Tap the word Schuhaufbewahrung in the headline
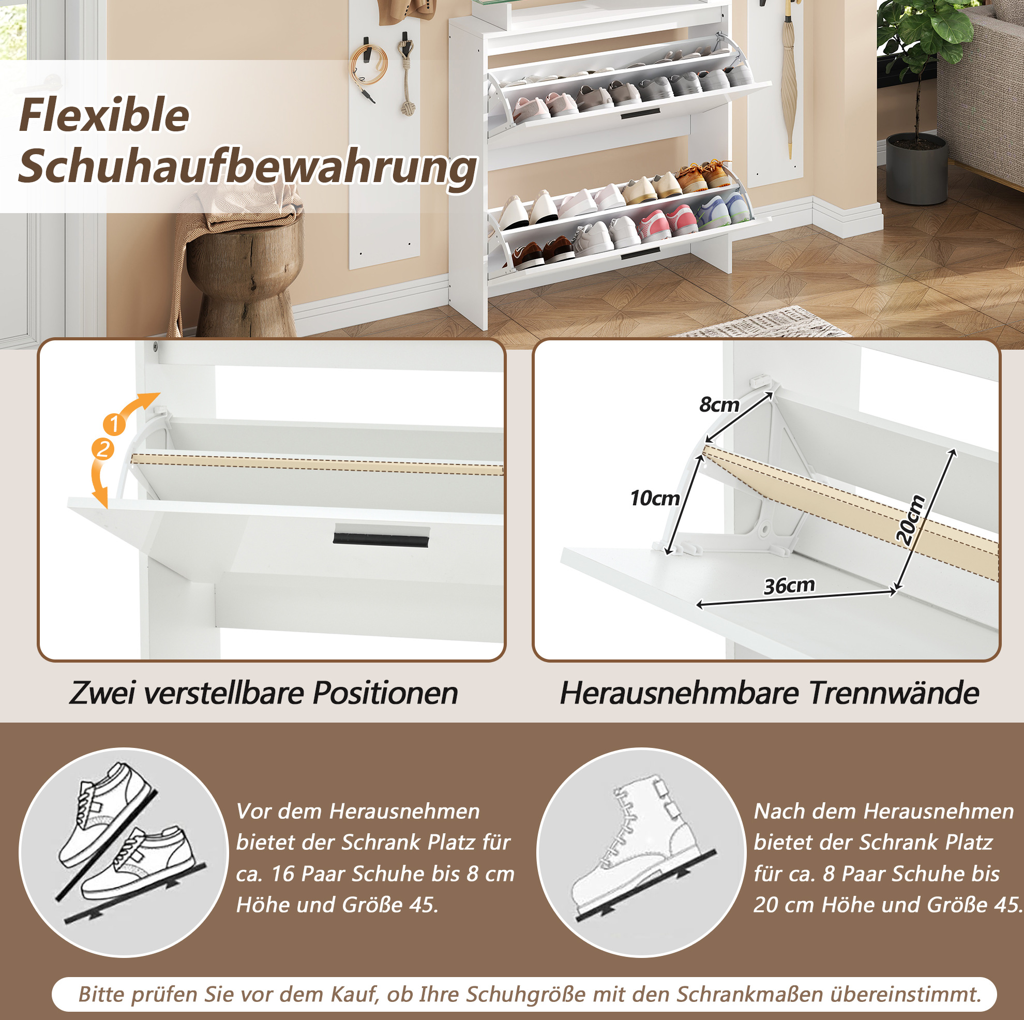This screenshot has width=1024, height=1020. point(247,168)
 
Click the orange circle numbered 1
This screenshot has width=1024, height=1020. point(114,424)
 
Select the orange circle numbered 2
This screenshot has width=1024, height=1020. point(103,449)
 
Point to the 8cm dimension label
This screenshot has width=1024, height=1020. point(719,404)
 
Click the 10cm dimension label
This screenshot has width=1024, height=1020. point(655,498)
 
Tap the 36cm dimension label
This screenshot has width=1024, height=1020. point(789,586)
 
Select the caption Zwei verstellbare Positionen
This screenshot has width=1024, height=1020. point(263,693)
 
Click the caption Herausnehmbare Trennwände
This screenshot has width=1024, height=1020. point(770,693)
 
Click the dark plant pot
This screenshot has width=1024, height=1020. point(916,168)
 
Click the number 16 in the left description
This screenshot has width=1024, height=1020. point(282,874)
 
